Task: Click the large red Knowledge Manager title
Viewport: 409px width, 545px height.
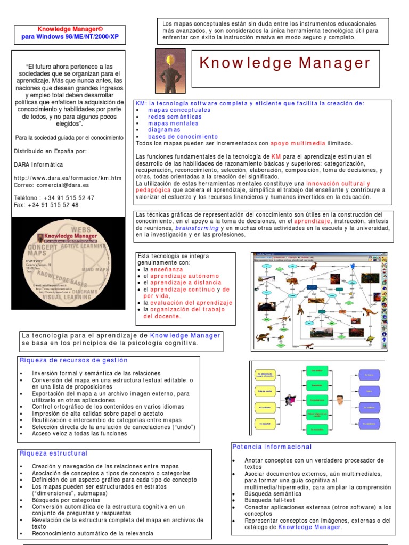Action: pyautogui.click(x=285, y=63)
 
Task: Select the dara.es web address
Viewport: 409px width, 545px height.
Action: pyautogui.click(x=68, y=178)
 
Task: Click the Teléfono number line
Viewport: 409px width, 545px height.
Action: pyautogui.click(x=54, y=197)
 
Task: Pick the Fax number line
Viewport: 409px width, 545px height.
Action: pyautogui.click(x=46, y=205)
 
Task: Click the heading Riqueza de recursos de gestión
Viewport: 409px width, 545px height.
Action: pyautogui.click(x=73, y=360)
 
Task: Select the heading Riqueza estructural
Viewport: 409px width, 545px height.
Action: pyautogui.click(x=53, y=453)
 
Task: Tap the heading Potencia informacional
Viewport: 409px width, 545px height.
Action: pyautogui.click(x=272, y=447)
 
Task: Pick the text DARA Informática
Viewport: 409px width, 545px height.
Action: pyautogui.click(x=38, y=164)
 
